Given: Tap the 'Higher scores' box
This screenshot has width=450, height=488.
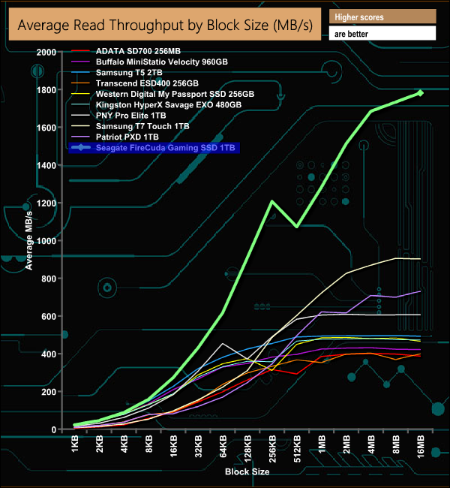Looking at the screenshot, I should point(382,17).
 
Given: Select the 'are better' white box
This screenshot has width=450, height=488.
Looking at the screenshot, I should point(382,34).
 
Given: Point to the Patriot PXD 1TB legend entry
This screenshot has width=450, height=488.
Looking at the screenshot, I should point(127,137).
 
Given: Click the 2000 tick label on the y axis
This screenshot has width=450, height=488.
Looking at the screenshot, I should point(46,52).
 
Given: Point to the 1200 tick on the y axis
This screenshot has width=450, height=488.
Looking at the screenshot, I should point(46,203).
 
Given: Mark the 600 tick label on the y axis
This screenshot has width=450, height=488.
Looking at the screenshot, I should point(49,316).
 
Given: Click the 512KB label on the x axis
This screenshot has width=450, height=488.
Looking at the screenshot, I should point(297,449).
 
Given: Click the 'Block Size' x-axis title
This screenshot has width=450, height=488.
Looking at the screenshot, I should point(247,472).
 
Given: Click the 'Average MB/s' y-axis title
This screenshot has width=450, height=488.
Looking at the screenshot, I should point(30,240).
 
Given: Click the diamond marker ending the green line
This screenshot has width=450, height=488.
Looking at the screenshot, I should point(420,93).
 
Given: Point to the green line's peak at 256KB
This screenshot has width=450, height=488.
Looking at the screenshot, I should point(271,200).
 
